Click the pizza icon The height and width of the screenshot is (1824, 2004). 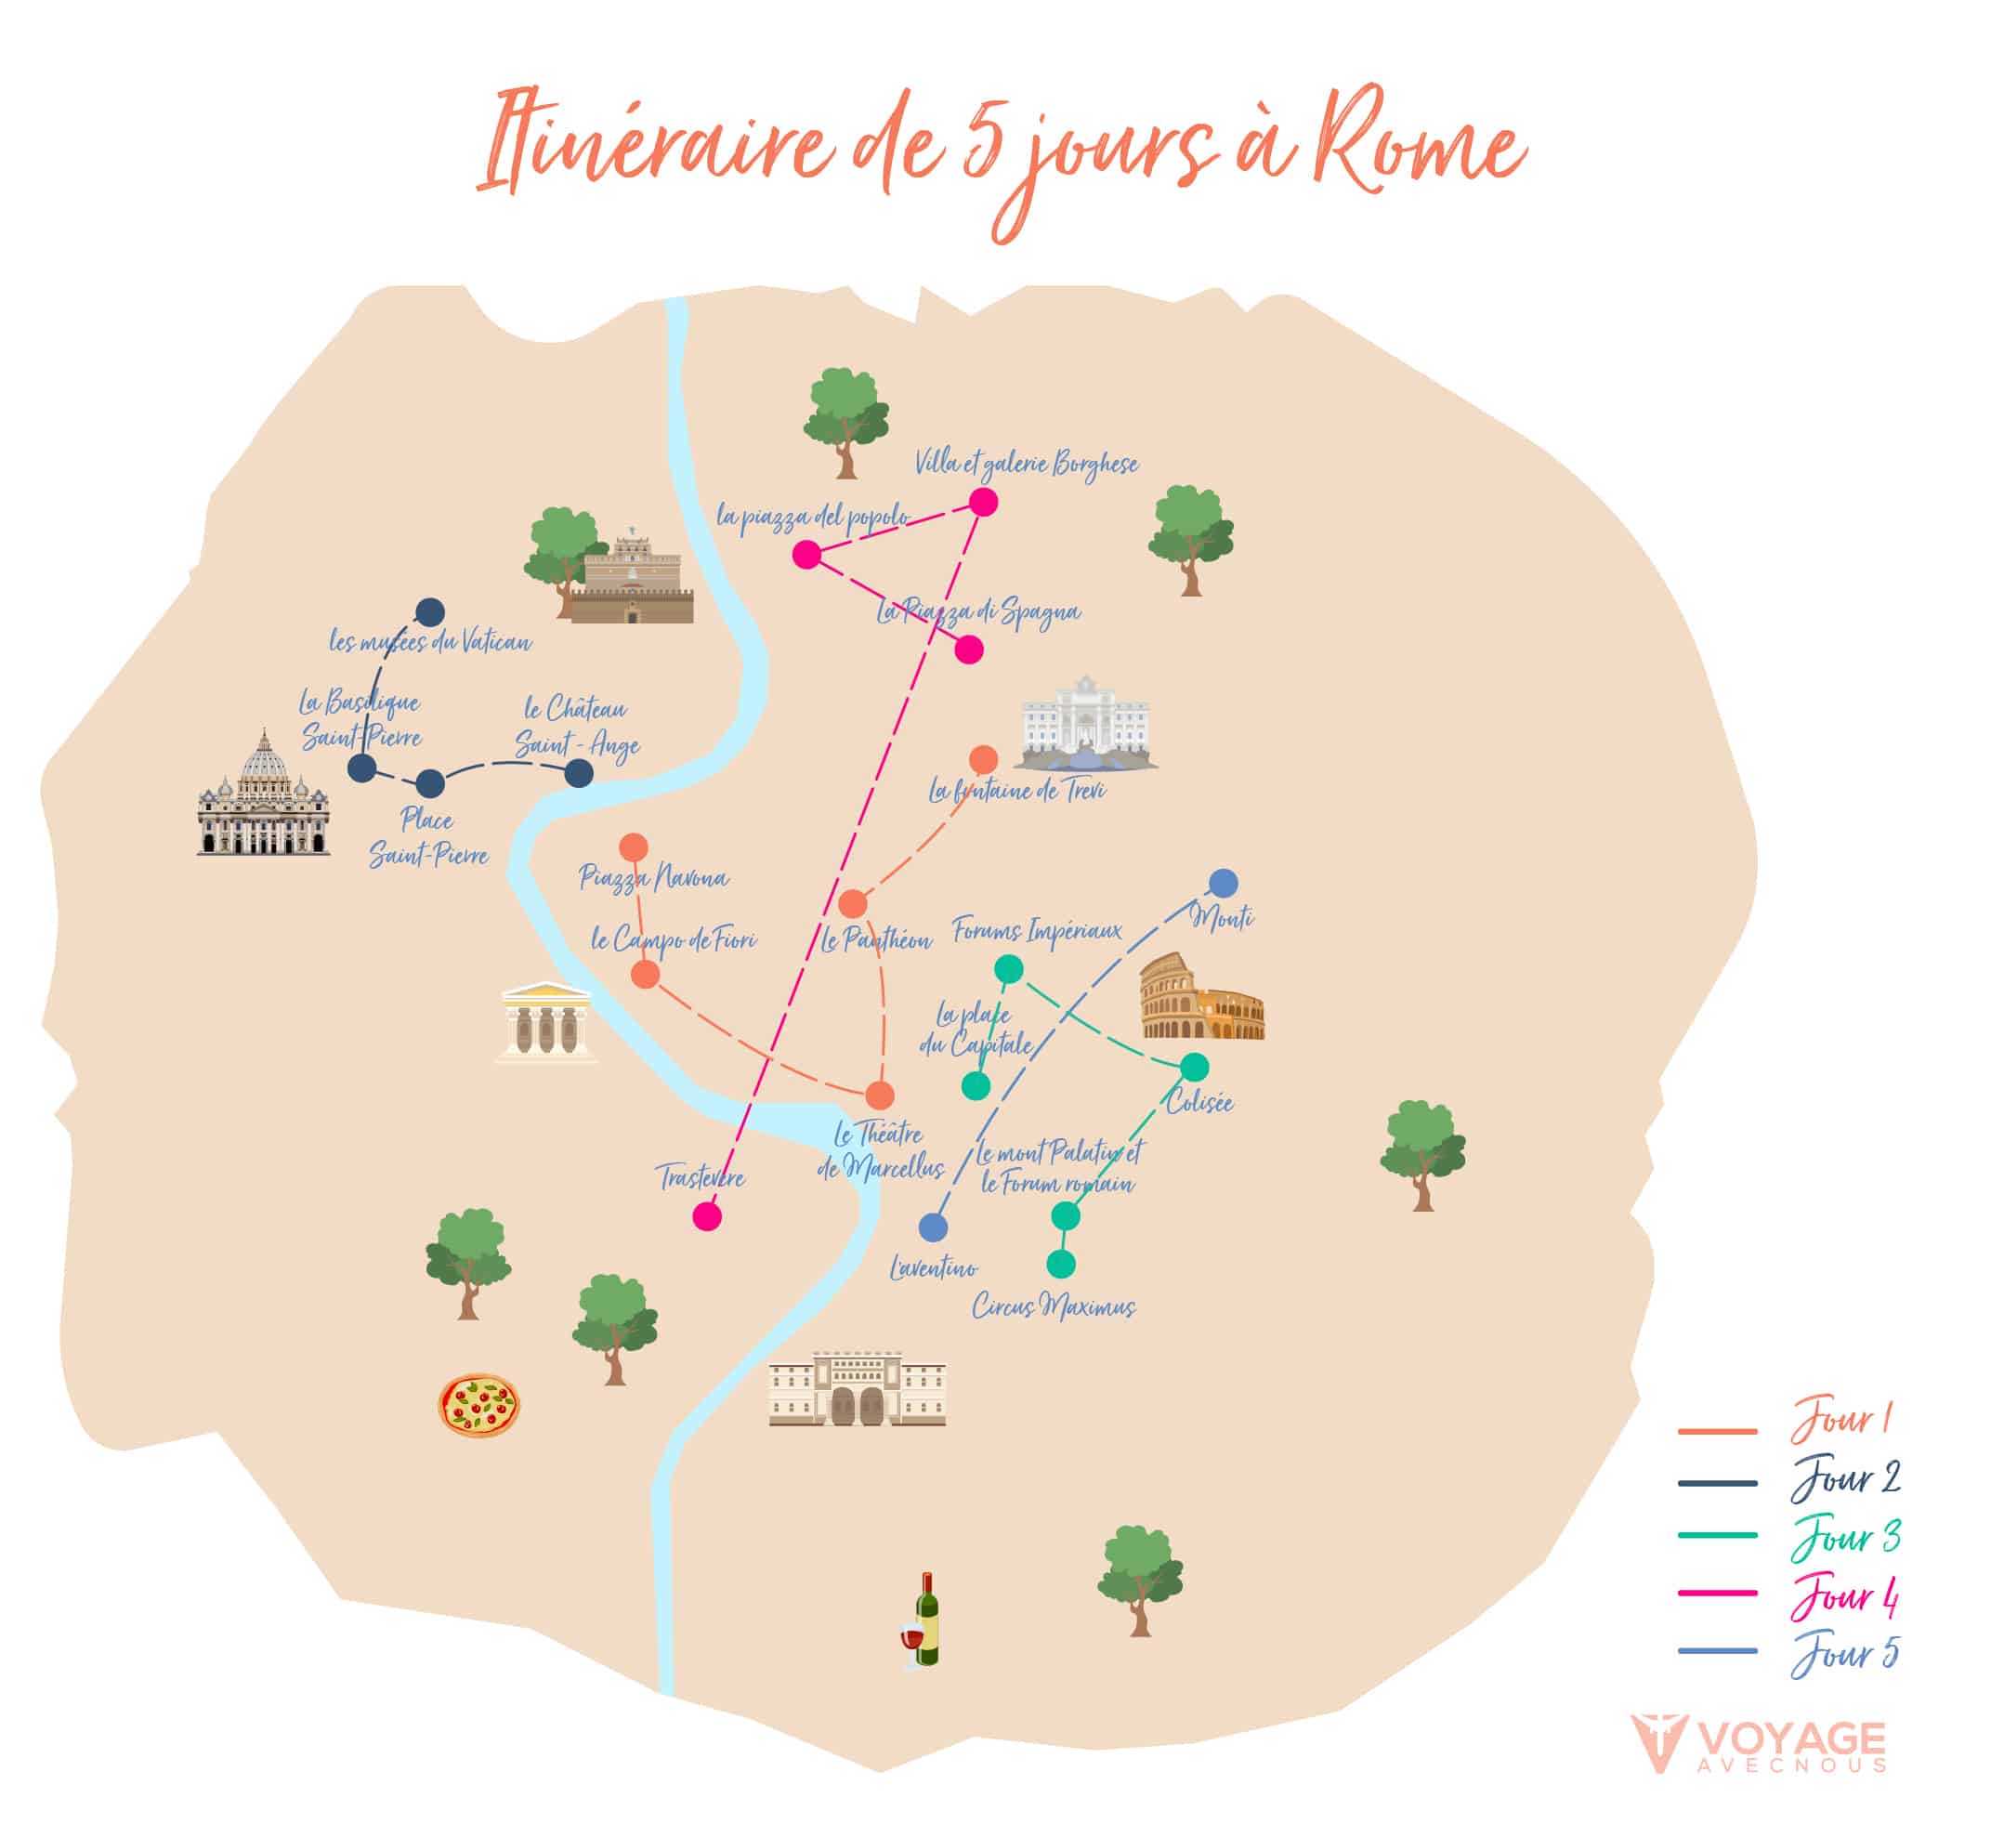tap(478, 1406)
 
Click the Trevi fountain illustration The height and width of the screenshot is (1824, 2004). tap(1086, 724)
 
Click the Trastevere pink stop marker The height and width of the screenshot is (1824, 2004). tap(707, 1215)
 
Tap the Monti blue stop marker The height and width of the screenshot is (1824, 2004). tap(1224, 883)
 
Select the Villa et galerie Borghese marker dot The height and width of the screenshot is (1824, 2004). tap(983, 502)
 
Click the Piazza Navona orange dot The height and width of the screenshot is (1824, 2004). tap(634, 846)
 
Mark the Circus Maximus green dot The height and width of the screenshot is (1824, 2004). tap(1061, 1264)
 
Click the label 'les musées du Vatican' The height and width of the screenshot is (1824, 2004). tap(430, 642)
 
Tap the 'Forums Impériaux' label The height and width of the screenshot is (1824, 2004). tap(1037, 931)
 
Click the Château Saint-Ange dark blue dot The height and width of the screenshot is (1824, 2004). tap(579, 773)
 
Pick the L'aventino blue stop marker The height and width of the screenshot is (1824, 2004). tap(933, 1227)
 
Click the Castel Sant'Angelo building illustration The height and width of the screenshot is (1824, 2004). tap(631, 582)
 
